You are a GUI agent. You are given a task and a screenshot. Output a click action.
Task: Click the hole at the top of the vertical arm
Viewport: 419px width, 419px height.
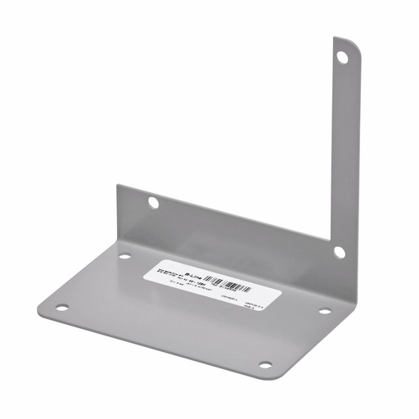pyautogui.click(x=343, y=56)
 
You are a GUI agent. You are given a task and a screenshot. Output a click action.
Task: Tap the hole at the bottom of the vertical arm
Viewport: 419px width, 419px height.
pyautogui.click(x=339, y=252)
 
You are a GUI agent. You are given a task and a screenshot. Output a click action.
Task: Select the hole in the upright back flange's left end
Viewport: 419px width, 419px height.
pyautogui.click(x=153, y=201)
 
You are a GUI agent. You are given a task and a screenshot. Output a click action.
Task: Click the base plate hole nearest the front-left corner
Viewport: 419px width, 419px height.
pyautogui.click(x=61, y=309)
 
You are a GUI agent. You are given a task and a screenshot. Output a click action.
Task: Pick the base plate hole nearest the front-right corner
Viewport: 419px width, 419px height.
pyautogui.click(x=264, y=364)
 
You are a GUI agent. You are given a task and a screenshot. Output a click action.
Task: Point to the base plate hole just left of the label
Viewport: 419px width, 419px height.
pyautogui.click(x=124, y=256)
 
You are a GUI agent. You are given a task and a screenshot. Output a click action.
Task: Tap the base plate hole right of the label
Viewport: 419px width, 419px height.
pyautogui.click(x=324, y=311)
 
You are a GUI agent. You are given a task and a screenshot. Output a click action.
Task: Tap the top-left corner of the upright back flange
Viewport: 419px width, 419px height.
pyautogui.click(x=119, y=187)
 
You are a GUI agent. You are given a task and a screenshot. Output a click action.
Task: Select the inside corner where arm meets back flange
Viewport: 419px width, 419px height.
pyautogui.click(x=331, y=237)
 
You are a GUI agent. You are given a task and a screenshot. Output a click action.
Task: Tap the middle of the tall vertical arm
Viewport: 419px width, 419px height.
pyautogui.click(x=345, y=147)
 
